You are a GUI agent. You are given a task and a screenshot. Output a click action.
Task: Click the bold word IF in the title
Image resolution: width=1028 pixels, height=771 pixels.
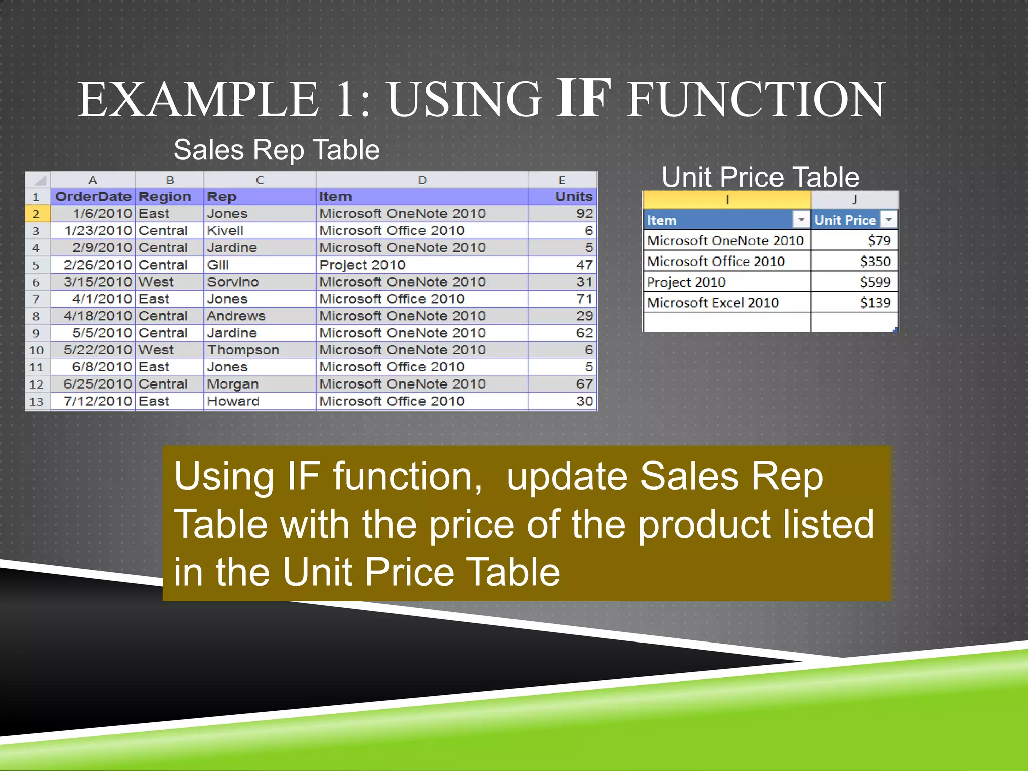click(584, 98)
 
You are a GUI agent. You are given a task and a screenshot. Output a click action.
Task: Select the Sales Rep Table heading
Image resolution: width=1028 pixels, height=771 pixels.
click(277, 150)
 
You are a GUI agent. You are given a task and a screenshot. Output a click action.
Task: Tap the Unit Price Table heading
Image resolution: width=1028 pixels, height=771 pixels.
click(760, 177)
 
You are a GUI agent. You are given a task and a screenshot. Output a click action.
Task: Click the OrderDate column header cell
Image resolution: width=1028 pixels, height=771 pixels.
click(93, 197)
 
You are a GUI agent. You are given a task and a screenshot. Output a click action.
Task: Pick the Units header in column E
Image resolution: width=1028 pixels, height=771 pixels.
click(573, 197)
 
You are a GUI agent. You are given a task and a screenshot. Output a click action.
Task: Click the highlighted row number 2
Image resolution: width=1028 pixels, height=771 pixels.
click(36, 214)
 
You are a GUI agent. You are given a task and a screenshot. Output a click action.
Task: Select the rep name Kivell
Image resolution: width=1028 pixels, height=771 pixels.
click(225, 231)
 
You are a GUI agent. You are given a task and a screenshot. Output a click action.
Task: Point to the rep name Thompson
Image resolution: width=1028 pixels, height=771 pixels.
click(243, 350)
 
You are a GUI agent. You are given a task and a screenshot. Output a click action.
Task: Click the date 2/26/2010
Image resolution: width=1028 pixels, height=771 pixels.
click(97, 265)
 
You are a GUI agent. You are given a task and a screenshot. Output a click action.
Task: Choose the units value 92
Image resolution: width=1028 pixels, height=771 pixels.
click(584, 214)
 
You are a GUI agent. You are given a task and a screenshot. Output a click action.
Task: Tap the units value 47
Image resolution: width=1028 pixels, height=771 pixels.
click(584, 265)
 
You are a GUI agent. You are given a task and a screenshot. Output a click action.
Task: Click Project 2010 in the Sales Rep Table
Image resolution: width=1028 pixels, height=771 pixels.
click(362, 265)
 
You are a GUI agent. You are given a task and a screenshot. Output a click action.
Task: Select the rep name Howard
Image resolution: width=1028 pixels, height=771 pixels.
click(233, 401)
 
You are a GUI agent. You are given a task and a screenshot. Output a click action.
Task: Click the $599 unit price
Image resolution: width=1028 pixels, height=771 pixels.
click(875, 282)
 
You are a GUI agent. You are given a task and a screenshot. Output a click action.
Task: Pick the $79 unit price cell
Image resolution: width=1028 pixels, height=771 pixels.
click(879, 241)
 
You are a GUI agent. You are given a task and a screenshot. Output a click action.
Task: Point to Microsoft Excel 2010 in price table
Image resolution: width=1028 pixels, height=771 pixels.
click(712, 303)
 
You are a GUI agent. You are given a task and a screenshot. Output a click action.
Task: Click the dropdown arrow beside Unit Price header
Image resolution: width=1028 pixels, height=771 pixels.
click(889, 220)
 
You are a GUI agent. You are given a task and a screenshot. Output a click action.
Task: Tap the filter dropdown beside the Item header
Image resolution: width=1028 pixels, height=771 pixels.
click(801, 220)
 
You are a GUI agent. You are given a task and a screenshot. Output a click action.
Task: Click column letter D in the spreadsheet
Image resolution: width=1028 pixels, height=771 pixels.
click(422, 180)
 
